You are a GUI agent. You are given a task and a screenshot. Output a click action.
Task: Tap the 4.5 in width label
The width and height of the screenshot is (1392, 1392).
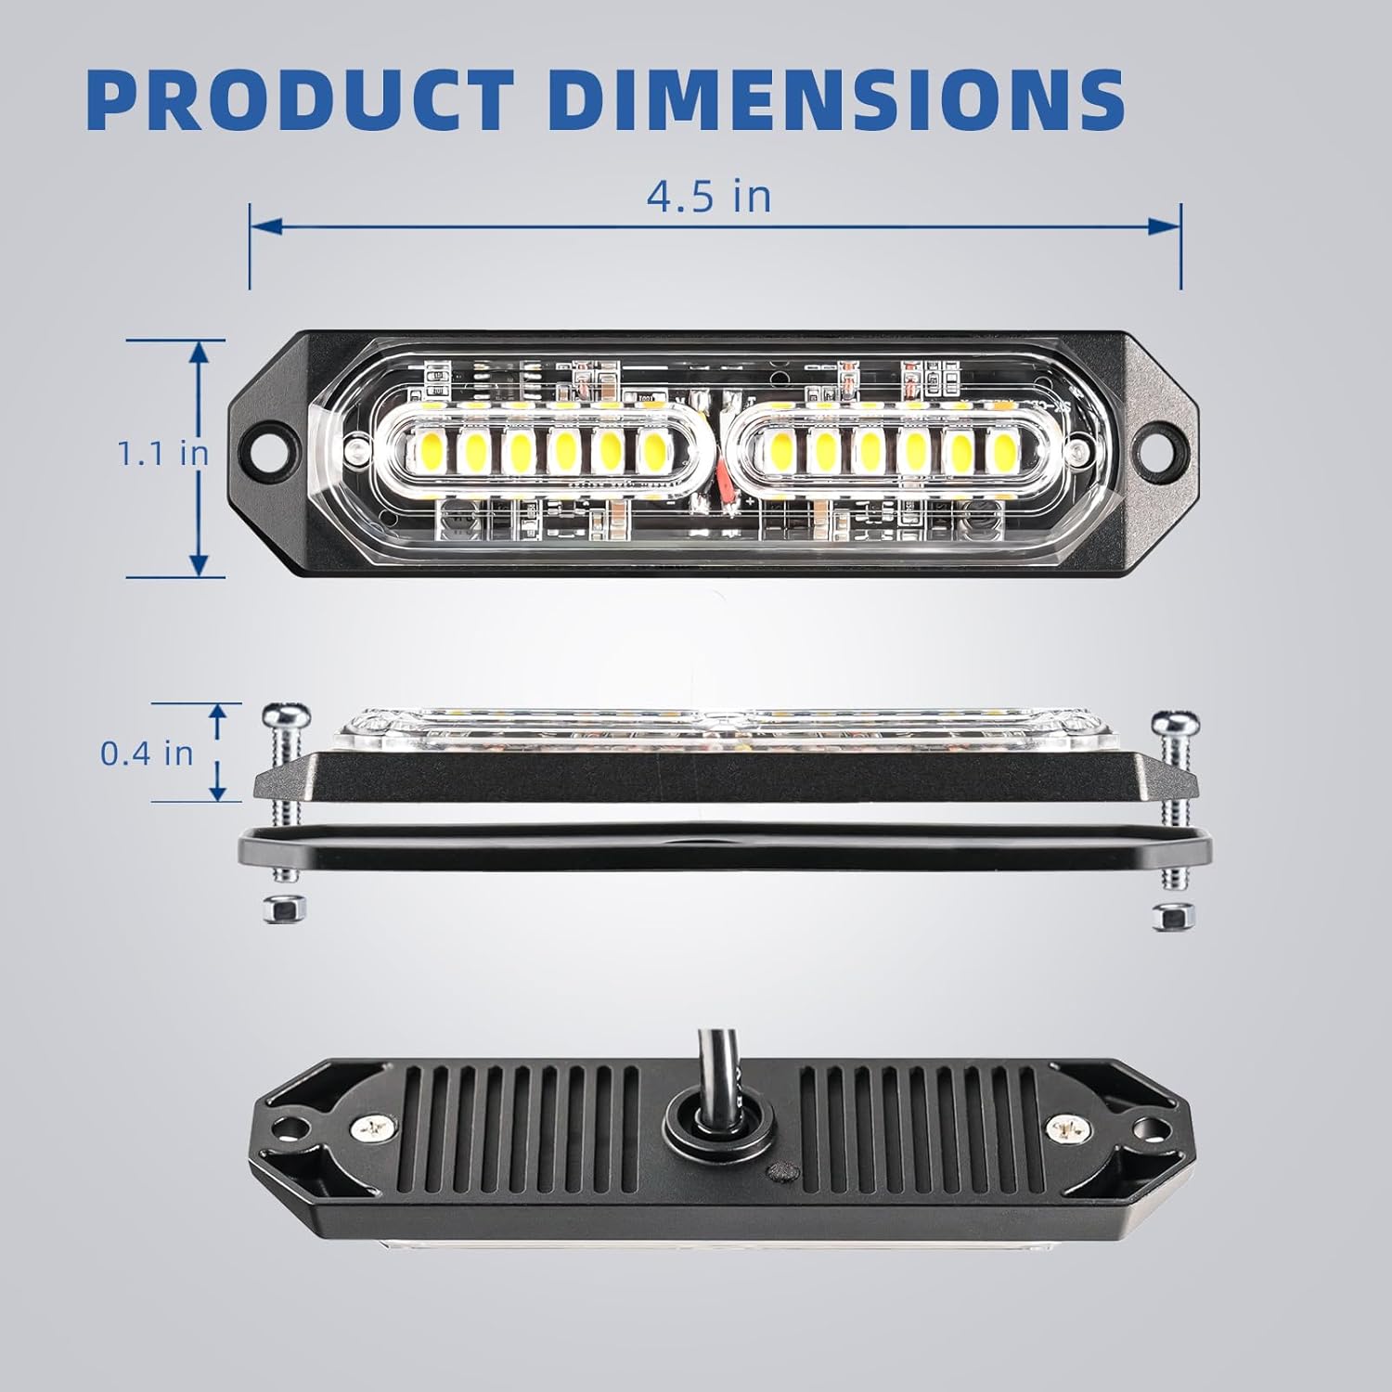(709, 197)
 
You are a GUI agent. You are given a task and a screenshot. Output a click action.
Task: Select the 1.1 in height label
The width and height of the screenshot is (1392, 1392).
(162, 454)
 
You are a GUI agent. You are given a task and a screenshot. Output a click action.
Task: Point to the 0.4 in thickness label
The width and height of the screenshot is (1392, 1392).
(147, 753)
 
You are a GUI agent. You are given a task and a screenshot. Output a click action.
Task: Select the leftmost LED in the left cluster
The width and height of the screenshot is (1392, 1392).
(428, 452)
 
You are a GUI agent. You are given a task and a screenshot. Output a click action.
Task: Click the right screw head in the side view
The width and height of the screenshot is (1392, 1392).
(1174, 722)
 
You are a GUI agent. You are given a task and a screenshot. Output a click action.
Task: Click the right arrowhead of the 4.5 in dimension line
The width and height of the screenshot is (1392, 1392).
(1165, 225)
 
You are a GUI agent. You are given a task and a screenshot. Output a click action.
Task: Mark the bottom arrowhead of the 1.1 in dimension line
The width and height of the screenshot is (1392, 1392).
(199, 562)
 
